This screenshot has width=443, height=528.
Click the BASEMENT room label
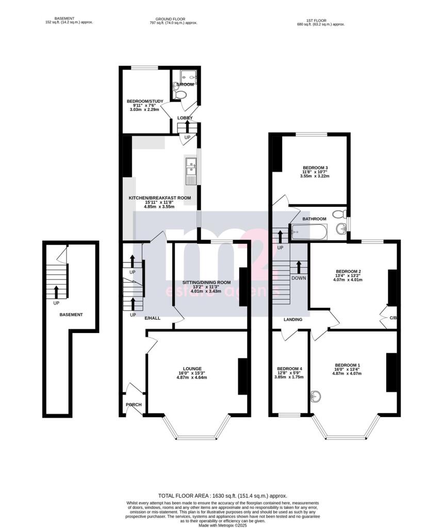[71, 315]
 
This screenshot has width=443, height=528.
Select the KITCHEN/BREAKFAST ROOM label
[160, 197]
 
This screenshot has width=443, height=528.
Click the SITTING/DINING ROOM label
[206, 283]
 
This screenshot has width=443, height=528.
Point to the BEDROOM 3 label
[315, 168]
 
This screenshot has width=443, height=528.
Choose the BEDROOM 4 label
[290, 369]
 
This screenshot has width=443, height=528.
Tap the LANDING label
[293, 320]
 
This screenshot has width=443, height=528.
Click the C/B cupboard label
[393, 318]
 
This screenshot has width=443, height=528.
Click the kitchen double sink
[190, 167]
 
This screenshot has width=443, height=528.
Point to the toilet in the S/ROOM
[179, 95]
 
